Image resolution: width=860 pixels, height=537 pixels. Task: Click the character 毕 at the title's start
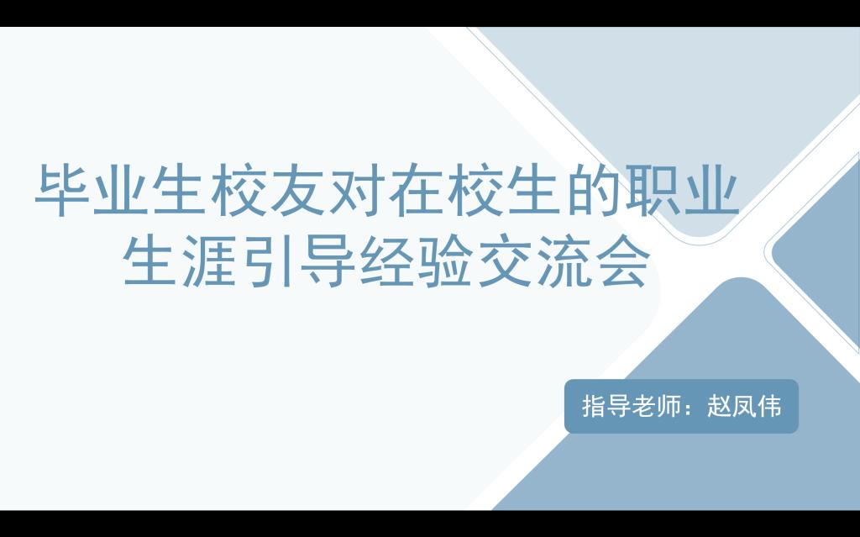pyautogui.click(x=63, y=190)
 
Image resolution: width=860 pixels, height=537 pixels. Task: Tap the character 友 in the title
pyautogui.click(x=298, y=190)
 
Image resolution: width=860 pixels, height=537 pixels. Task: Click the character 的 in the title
pyautogui.click(x=591, y=190)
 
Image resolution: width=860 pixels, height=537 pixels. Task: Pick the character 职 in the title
pyautogui.click(x=651, y=190)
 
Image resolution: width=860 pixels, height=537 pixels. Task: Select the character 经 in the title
pyautogui.click(x=386, y=261)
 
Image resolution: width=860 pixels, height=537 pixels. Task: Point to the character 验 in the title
pyautogui.click(x=445, y=261)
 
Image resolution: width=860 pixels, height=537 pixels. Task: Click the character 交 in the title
pyautogui.click(x=504, y=261)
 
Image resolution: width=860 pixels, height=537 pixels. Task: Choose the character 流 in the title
pyautogui.click(x=563, y=261)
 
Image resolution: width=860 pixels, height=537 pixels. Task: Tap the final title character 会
pyautogui.click(x=622, y=261)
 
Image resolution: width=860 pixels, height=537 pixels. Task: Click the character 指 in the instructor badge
pyautogui.click(x=594, y=407)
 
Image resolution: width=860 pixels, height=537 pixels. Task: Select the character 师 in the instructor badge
pyautogui.click(x=669, y=407)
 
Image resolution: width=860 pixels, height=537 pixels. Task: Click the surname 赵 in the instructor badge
pyautogui.click(x=719, y=407)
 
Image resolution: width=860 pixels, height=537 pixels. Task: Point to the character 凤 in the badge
pyautogui.click(x=744, y=407)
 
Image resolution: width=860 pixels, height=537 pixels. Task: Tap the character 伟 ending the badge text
pyautogui.click(x=769, y=407)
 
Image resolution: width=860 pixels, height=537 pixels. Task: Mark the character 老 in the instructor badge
pyautogui.click(x=643, y=407)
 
